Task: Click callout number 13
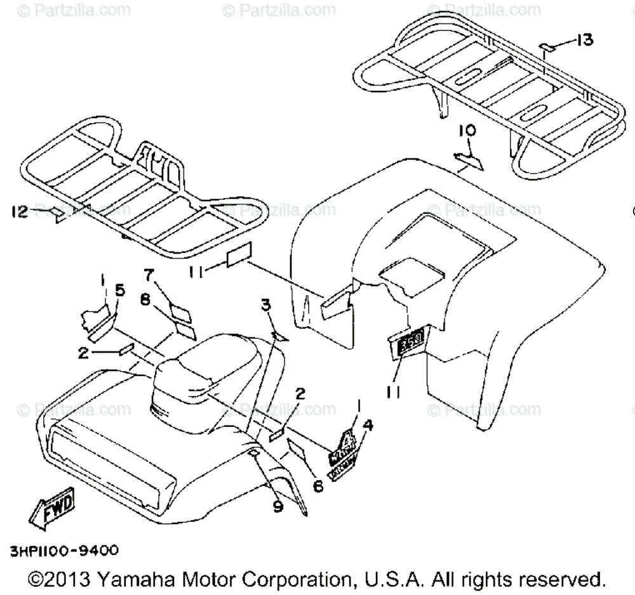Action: coord(584,41)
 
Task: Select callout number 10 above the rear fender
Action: coord(467,131)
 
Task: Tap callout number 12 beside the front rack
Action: coord(20,213)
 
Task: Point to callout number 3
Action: coord(266,306)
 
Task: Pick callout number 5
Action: coord(121,292)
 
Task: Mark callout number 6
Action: coord(317,485)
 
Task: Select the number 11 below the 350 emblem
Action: coord(393,393)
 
